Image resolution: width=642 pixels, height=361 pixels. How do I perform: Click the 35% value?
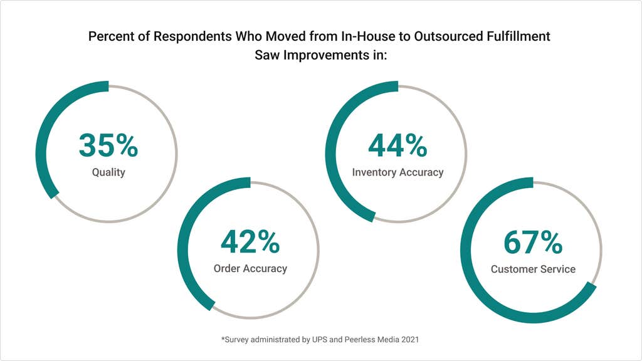coord(108,145)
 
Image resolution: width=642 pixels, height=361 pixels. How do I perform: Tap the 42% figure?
coord(250,242)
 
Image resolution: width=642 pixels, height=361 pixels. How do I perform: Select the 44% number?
coord(397,145)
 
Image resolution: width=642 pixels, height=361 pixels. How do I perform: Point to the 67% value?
coord(533,243)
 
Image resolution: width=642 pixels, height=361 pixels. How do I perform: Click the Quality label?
coord(108,172)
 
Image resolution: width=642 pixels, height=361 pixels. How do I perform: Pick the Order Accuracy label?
coord(250,268)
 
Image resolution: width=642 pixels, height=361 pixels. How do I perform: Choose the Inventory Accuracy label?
coord(397,172)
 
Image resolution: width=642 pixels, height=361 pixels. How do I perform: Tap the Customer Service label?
coord(533,269)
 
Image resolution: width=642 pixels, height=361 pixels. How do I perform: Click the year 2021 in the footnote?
coord(409,339)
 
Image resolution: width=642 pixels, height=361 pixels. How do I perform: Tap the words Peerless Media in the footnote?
coord(368,339)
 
